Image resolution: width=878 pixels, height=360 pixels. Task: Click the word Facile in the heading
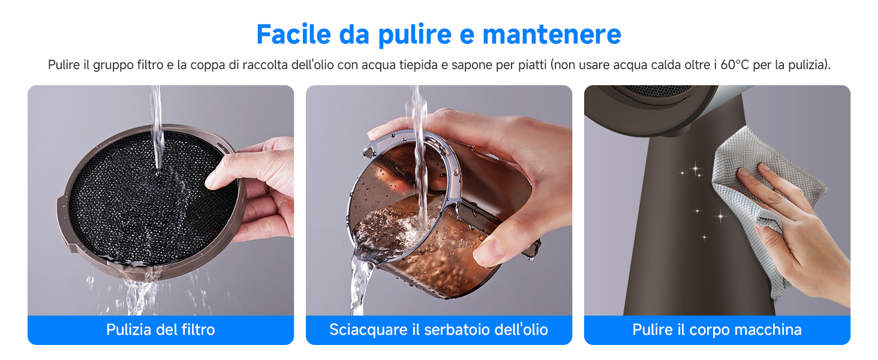tap(293, 34)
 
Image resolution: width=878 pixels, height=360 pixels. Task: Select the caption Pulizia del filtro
tap(160, 329)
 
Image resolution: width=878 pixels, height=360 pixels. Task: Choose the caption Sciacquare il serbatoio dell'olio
tap(438, 329)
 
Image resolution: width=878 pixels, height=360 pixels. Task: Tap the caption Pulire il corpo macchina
tap(717, 329)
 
